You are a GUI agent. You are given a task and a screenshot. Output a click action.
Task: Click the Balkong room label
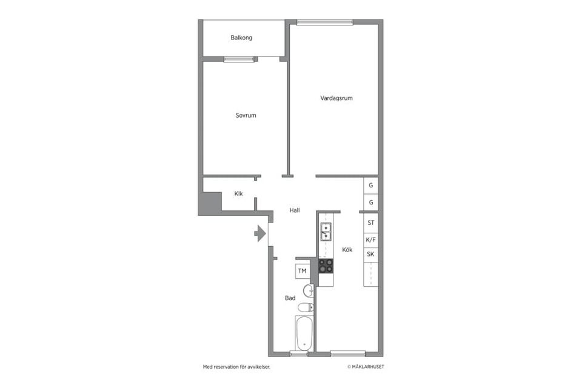point(241,38)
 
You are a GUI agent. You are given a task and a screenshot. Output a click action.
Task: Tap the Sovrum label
point(246,115)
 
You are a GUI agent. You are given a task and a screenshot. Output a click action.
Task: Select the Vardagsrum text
point(336,98)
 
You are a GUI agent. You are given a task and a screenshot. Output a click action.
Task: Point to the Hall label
point(295,210)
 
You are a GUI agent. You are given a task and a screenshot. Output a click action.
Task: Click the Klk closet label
point(238,194)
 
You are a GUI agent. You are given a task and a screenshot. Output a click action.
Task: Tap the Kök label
point(347,250)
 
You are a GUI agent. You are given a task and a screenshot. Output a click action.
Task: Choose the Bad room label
point(290,298)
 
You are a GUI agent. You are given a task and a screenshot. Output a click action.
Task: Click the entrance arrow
point(260,233)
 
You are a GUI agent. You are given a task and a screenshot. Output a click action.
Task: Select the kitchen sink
point(326,232)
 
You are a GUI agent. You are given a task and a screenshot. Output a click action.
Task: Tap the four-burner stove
point(326,266)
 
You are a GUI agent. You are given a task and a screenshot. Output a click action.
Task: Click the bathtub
point(304,333)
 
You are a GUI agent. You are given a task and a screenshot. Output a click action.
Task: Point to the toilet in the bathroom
point(307,307)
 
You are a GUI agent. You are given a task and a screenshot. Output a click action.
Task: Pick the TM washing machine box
point(302,270)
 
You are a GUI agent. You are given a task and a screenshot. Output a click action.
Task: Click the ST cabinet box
point(370,223)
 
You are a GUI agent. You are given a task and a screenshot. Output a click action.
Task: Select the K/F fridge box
point(370,239)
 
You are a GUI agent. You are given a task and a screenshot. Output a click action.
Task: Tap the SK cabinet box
point(370,254)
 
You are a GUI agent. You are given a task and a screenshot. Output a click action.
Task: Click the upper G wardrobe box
point(370,186)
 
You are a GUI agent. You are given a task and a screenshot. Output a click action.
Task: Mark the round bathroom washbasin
point(307,289)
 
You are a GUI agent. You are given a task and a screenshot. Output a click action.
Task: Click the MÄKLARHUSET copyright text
point(366,367)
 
